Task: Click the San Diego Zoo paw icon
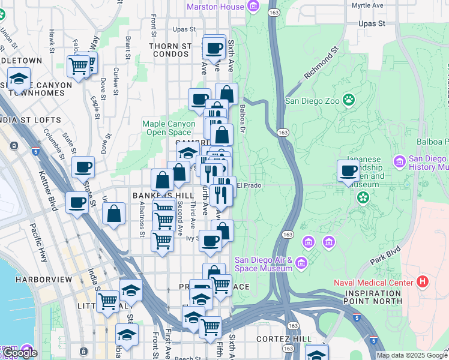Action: point(349,100)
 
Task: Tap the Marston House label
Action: point(216,7)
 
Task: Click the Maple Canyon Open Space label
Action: point(169,128)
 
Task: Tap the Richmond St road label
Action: point(321,65)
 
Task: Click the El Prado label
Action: point(249,186)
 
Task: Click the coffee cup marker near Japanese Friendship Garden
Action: point(348,171)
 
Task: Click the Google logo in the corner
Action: point(20,353)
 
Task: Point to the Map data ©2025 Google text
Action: point(412,355)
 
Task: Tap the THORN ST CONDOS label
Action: point(170,50)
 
